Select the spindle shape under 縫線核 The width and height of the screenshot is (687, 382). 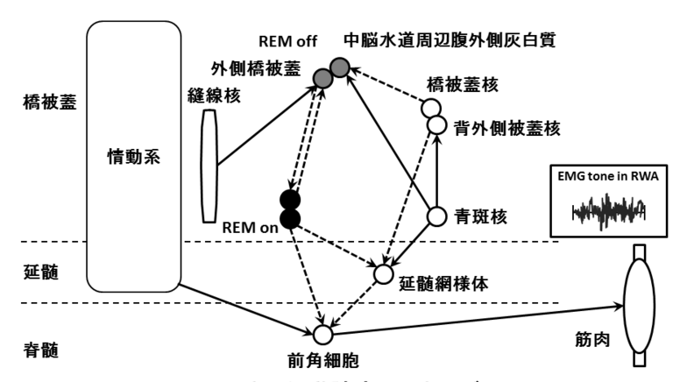(209, 166)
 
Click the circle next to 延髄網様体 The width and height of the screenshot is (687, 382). (383, 274)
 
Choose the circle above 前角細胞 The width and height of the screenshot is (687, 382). (322, 334)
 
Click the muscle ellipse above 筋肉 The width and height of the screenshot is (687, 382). (636, 306)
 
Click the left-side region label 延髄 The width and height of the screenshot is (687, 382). (42, 272)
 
